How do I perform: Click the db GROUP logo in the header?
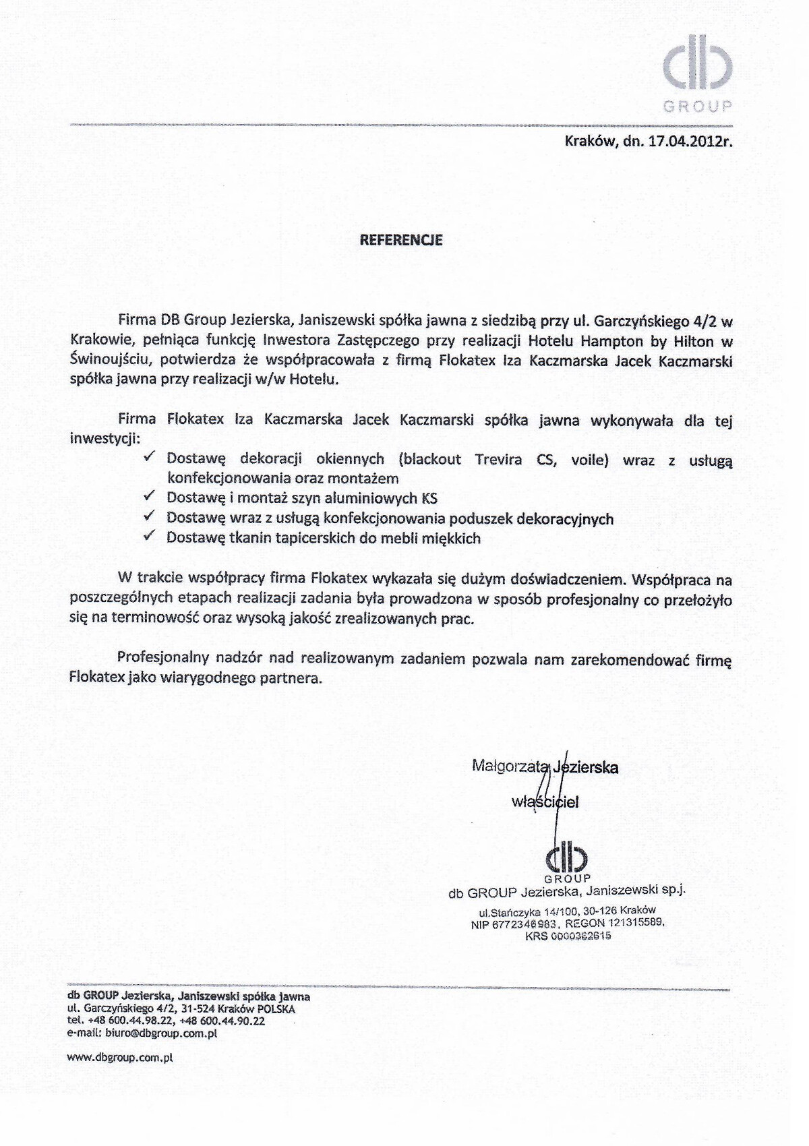(696, 71)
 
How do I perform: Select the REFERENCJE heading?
(401, 240)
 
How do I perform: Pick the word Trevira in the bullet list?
(498, 459)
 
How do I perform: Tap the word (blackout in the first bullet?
(429, 459)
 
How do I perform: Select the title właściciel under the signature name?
(545, 802)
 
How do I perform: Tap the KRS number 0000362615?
(580, 936)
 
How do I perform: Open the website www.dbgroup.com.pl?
(120, 1058)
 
